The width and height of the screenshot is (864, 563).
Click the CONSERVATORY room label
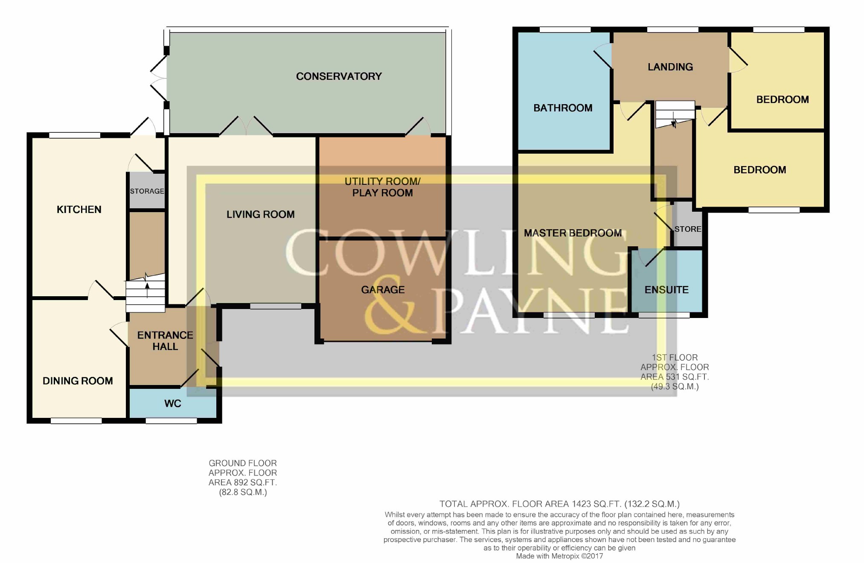point(339,76)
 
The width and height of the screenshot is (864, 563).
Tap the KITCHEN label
point(79,210)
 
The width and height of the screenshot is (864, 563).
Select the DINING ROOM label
point(78,381)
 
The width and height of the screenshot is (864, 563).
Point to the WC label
point(173,403)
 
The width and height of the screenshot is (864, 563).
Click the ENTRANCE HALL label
point(165,341)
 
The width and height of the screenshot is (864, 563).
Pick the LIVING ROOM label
point(260,214)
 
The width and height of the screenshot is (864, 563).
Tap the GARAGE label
point(383,290)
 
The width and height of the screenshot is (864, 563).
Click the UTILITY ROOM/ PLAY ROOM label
point(382,187)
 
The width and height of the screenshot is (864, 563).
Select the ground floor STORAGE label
point(147,191)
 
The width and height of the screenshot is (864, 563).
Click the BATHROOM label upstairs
point(563,108)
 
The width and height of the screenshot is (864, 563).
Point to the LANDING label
point(670,67)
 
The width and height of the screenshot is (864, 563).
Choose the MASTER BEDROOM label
point(573,233)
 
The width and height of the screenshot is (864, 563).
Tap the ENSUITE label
point(666,290)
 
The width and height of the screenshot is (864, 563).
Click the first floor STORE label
point(688,229)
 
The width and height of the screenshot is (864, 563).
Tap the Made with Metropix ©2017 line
point(559,556)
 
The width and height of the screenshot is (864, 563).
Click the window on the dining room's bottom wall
point(76,421)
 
